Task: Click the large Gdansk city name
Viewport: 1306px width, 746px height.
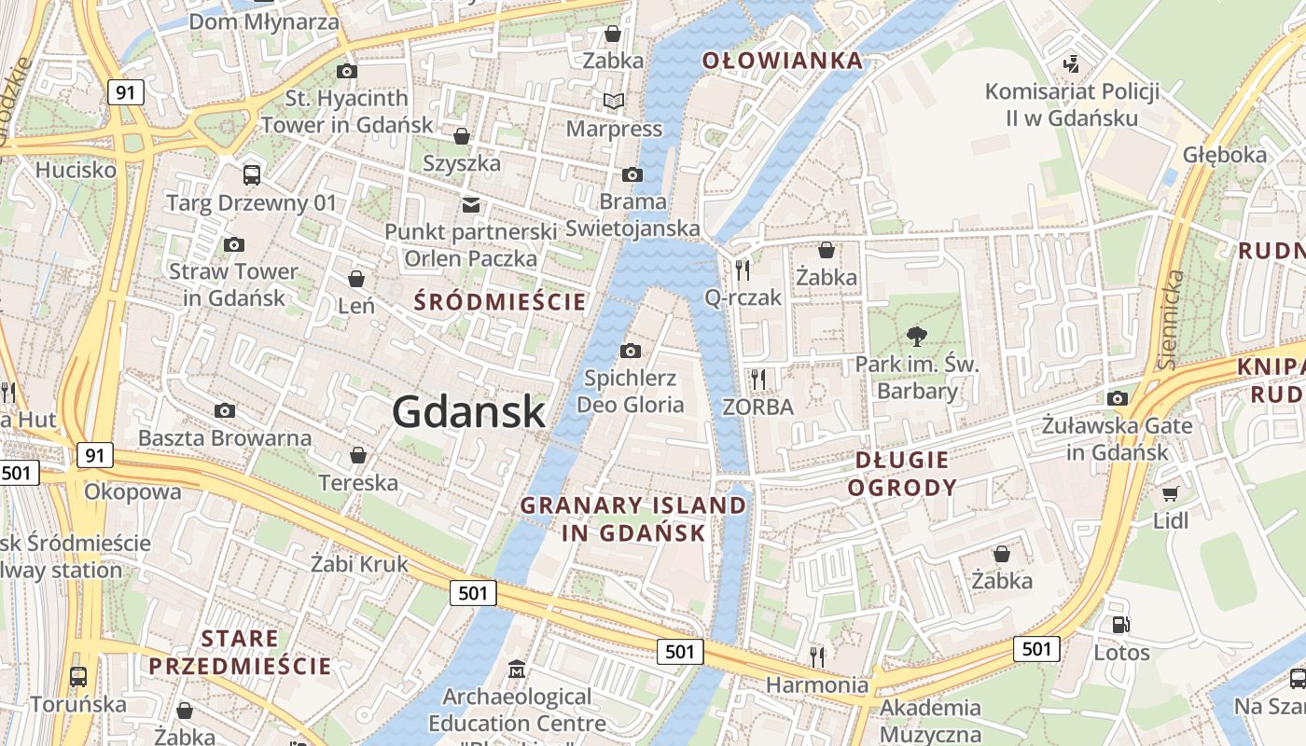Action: coord(468,411)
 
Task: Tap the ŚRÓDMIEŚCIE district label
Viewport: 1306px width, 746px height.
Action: coord(500,301)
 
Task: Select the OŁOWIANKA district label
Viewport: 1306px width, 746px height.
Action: coord(783,62)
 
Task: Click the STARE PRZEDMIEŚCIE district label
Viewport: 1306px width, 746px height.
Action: coord(240,652)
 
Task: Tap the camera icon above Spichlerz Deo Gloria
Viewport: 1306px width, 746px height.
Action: coord(631,351)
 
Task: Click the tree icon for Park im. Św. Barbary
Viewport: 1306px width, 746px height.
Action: coord(917,337)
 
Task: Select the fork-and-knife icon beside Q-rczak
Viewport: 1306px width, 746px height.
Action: coord(743,270)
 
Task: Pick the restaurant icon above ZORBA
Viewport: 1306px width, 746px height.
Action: coord(758,379)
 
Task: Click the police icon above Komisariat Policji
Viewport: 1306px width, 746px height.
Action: coord(1072,63)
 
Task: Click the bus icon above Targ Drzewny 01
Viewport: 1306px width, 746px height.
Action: coord(251,174)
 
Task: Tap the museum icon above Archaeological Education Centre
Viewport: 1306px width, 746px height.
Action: coord(517,669)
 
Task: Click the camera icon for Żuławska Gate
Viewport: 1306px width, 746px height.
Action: coord(1118,398)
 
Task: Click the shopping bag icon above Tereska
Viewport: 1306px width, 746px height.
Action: coord(357,455)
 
